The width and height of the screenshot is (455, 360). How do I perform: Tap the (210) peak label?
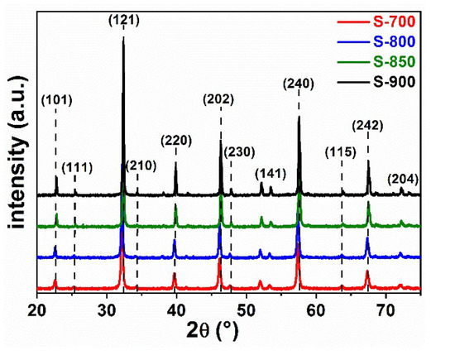141,166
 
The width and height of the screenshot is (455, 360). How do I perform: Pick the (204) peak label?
403,179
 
